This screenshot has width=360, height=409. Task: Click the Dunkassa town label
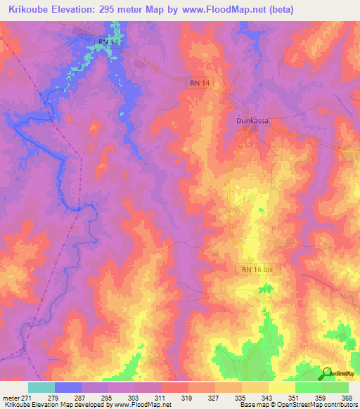click(x=252, y=120)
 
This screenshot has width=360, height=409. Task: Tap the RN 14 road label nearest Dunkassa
click(x=200, y=83)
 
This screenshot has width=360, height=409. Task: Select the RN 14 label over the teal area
click(x=109, y=43)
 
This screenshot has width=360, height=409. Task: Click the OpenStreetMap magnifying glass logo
click(x=326, y=372)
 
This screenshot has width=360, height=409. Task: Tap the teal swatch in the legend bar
click(x=41, y=387)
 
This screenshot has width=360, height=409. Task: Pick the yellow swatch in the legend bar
click(x=281, y=387)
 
